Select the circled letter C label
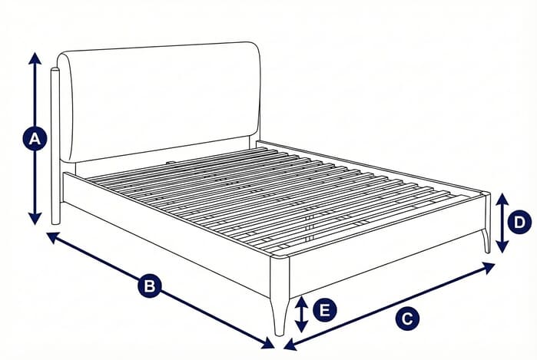[408, 317]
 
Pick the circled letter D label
[521, 223]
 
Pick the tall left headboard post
[55, 146]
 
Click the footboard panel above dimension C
[384, 246]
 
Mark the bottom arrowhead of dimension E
[303, 328]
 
